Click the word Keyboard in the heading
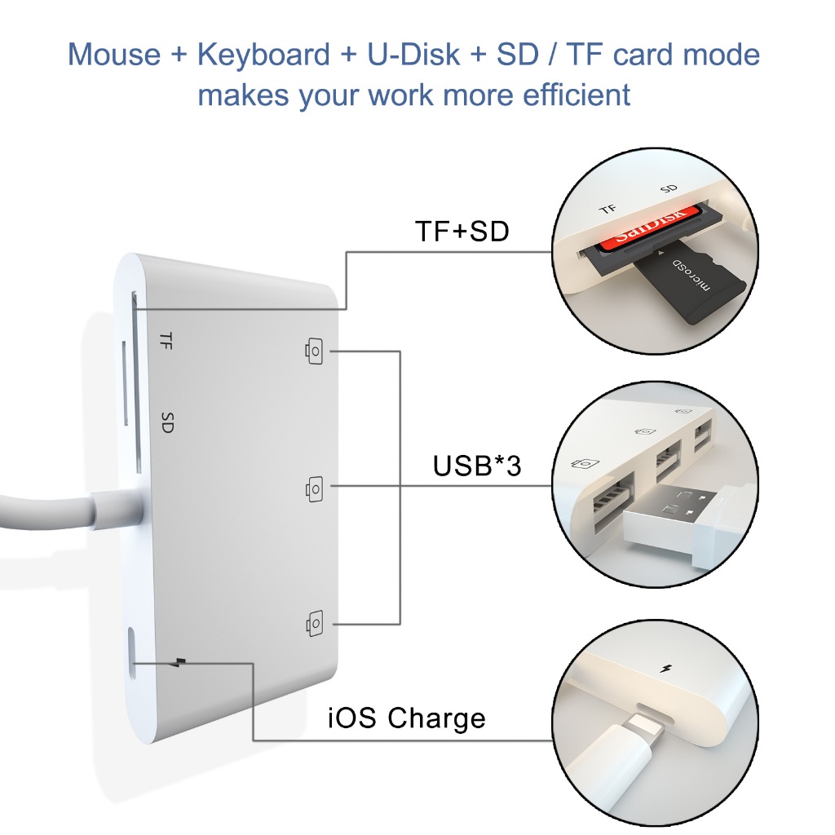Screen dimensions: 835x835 [x=263, y=55]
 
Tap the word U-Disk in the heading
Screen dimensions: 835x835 [x=413, y=55]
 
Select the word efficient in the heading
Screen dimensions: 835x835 [x=577, y=95]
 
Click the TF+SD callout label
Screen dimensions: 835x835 [x=462, y=231]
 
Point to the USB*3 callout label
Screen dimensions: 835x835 [x=476, y=466]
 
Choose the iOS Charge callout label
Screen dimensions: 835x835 [x=406, y=718]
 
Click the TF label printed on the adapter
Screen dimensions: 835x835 [x=166, y=340]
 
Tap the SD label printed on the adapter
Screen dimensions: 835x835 [x=167, y=422]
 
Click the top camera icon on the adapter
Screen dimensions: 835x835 [x=314, y=351]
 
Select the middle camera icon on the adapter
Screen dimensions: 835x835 [x=314, y=488]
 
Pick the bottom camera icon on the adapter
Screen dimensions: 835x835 [x=314, y=622]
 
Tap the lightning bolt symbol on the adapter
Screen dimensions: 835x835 [x=181, y=662]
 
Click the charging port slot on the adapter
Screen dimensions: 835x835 [x=132, y=654]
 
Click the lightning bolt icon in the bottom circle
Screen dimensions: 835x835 [x=665, y=669]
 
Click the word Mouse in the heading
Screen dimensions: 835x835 [x=114, y=55]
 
